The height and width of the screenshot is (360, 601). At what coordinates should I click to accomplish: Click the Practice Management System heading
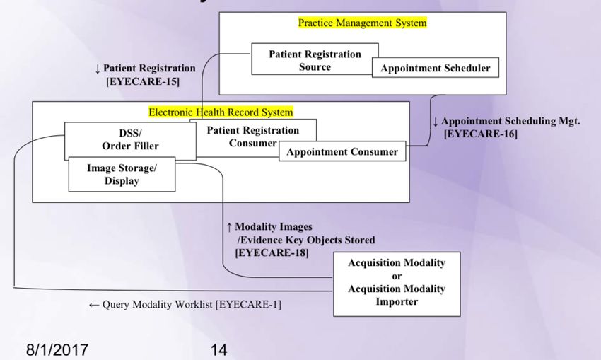(362, 23)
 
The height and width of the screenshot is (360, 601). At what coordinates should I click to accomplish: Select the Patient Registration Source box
(315, 60)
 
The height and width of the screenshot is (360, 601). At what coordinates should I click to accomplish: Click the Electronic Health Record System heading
(221, 112)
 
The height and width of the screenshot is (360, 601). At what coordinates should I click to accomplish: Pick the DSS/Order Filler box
(130, 139)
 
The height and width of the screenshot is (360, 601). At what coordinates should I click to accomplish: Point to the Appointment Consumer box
(342, 151)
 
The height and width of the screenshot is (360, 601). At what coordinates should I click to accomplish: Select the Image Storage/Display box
(122, 174)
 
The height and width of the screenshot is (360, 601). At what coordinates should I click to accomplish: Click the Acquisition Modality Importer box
(396, 282)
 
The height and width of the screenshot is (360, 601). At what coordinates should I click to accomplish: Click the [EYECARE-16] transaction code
(480, 133)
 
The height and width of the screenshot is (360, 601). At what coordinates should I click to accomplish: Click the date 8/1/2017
(57, 349)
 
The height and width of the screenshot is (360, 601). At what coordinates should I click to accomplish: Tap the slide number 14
(219, 349)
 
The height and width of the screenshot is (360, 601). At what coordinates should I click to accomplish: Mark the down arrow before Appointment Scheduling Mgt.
(436, 121)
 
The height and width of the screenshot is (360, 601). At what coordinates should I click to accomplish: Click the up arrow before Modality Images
(229, 227)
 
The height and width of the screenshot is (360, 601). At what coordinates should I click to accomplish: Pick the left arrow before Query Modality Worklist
(93, 305)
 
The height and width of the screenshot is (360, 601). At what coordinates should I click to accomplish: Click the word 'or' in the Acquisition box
(396, 276)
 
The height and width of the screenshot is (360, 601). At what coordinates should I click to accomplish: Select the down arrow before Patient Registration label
(98, 69)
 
